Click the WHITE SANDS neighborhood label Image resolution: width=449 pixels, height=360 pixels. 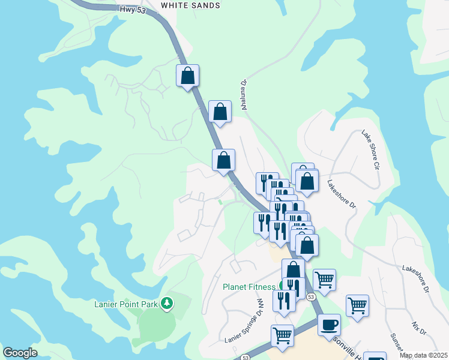pos(190,5)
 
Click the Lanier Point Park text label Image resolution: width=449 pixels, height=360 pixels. pos(126,304)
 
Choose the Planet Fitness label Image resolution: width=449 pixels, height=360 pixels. pos(249,287)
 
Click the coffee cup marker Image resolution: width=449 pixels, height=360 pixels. pos(329,325)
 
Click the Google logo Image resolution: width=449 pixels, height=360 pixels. pos(20,353)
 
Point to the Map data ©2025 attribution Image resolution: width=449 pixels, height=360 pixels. pos(423,355)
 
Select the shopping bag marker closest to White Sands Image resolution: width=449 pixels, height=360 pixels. pos(187,76)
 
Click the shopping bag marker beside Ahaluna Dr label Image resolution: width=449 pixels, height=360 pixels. pos(220,112)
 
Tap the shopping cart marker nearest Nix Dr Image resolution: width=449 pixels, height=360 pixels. pos(357,305)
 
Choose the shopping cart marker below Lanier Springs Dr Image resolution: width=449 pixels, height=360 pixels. pos(282,335)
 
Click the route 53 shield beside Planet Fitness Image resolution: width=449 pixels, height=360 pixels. pos(310,297)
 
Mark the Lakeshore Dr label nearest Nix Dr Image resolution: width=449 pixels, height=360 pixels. pos(415,279)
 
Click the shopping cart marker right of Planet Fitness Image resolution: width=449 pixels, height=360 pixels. pos(324,280)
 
